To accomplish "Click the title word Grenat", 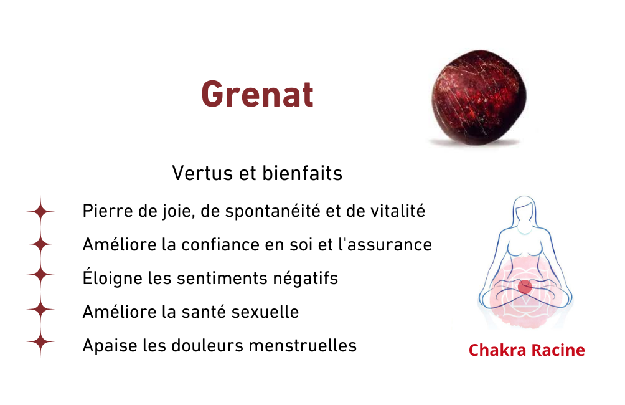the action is pos(258,94).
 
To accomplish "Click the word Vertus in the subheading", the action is pos(202,174).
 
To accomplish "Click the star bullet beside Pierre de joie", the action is pos(40,211).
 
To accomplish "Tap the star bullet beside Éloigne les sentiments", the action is pos(40,275).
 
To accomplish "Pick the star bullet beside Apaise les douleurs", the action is pos(40,342).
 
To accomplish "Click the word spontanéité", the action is pos(273,212).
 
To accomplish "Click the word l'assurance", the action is pos(385,245).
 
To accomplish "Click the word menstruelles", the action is pos(303,346).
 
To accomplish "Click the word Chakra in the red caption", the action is pos(497,350).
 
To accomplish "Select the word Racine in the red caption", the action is pos(558,350).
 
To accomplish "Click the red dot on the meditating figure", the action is pos(525,287).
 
